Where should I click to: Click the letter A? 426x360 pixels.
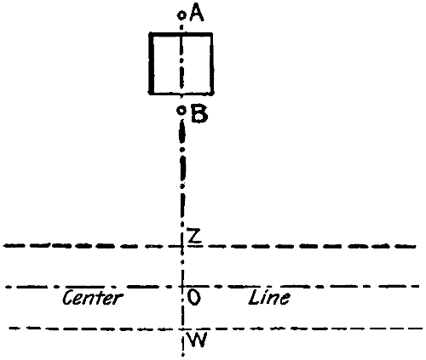(197, 13)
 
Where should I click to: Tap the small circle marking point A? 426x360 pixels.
(181, 15)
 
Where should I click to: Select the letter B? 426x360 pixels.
(199, 114)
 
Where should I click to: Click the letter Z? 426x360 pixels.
(194, 236)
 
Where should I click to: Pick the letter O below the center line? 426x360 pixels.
(193, 298)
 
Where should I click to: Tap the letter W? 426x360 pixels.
(198, 340)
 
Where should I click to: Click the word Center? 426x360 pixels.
(93, 298)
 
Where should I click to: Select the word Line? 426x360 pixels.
(269, 297)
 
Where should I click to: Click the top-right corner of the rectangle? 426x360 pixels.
(211, 35)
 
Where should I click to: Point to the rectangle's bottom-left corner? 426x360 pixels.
(151, 92)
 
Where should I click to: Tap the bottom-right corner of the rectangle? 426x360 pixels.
(212, 93)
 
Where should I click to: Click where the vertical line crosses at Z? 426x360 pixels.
(182, 246)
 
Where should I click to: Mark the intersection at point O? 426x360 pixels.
(182, 287)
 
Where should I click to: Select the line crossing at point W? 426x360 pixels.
(182, 329)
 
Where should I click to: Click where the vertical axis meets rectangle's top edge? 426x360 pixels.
(181, 35)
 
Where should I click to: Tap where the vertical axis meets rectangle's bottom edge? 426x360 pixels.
(181, 92)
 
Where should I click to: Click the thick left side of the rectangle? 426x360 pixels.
(152, 64)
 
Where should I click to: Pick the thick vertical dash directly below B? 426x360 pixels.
(181, 132)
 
